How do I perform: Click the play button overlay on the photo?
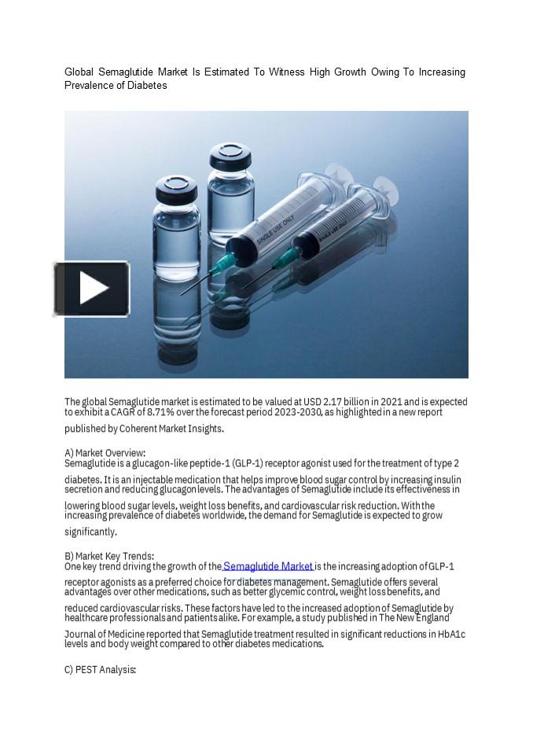click(91, 289)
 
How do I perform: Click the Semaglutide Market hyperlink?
click(268, 566)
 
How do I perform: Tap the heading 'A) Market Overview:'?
click(105, 453)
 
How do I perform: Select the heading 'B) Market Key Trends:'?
click(109, 556)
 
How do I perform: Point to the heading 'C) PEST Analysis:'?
click(100, 670)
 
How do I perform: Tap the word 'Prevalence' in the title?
click(89, 85)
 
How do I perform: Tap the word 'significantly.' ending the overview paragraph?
click(90, 532)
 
